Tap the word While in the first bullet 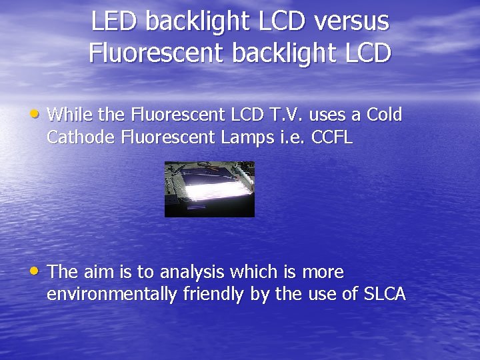70,115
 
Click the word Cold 385,115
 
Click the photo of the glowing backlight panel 209,189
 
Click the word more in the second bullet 323,273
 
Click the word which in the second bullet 253,272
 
